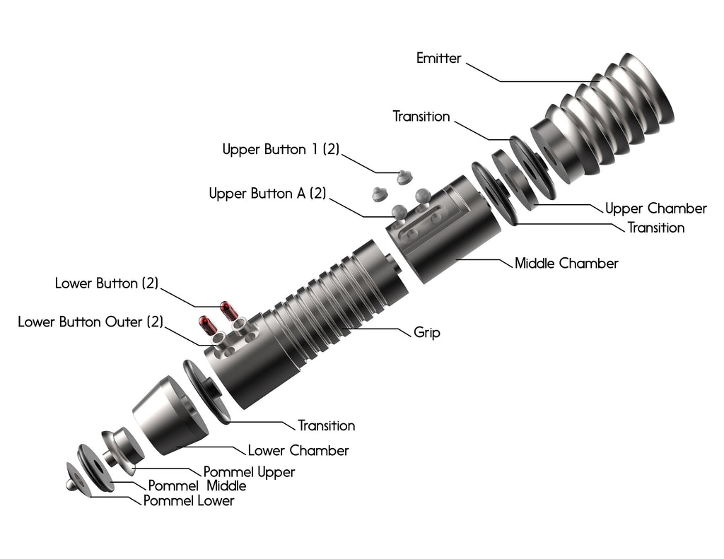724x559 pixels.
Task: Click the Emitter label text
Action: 438,59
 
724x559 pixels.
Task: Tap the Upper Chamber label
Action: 655,208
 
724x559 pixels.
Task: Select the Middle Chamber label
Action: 566,264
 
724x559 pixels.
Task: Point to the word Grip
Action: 426,332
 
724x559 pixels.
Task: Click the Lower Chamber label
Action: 298,450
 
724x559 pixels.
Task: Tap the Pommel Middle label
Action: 197,486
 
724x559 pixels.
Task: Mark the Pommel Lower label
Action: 188,501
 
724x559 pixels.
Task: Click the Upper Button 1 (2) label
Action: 281,150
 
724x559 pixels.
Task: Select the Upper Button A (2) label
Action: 267,194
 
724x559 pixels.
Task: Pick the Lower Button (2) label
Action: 106,283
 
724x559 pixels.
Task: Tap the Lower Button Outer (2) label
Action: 90,322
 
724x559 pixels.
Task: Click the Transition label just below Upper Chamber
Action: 656,228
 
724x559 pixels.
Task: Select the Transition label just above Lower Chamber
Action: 326,425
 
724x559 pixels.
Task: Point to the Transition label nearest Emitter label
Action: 421,117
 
